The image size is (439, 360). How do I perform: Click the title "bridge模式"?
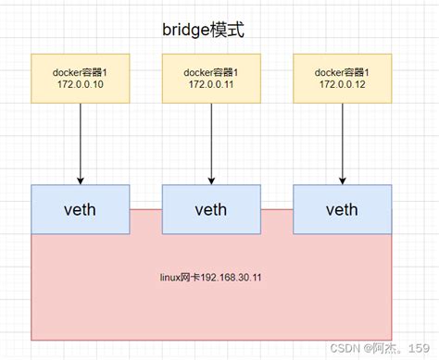tap(204, 30)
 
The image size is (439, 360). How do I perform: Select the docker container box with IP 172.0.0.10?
tap(80, 77)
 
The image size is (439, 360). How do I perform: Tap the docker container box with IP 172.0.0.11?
tap(210, 77)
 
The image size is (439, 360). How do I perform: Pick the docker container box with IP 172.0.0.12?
tap(342, 77)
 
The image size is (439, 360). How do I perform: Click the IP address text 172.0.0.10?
tap(80, 84)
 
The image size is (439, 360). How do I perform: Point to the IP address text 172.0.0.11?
tap(210, 84)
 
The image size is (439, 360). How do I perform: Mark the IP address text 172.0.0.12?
tap(342, 84)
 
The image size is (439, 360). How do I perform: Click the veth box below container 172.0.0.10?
tap(80, 209)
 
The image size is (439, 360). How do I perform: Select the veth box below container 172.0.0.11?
tap(210, 209)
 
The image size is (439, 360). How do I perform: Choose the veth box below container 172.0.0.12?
tap(342, 209)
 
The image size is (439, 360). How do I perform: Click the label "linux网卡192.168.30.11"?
tap(211, 276)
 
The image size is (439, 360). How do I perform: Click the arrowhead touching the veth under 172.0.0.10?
tap(81, 180)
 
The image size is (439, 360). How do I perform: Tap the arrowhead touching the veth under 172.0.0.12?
tap(342, 180)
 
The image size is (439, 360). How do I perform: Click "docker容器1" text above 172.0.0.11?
tap(210, 70)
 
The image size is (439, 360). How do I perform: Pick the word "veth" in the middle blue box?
tap(210, 209)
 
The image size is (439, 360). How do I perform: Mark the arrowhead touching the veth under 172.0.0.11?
tap(211, 180)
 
